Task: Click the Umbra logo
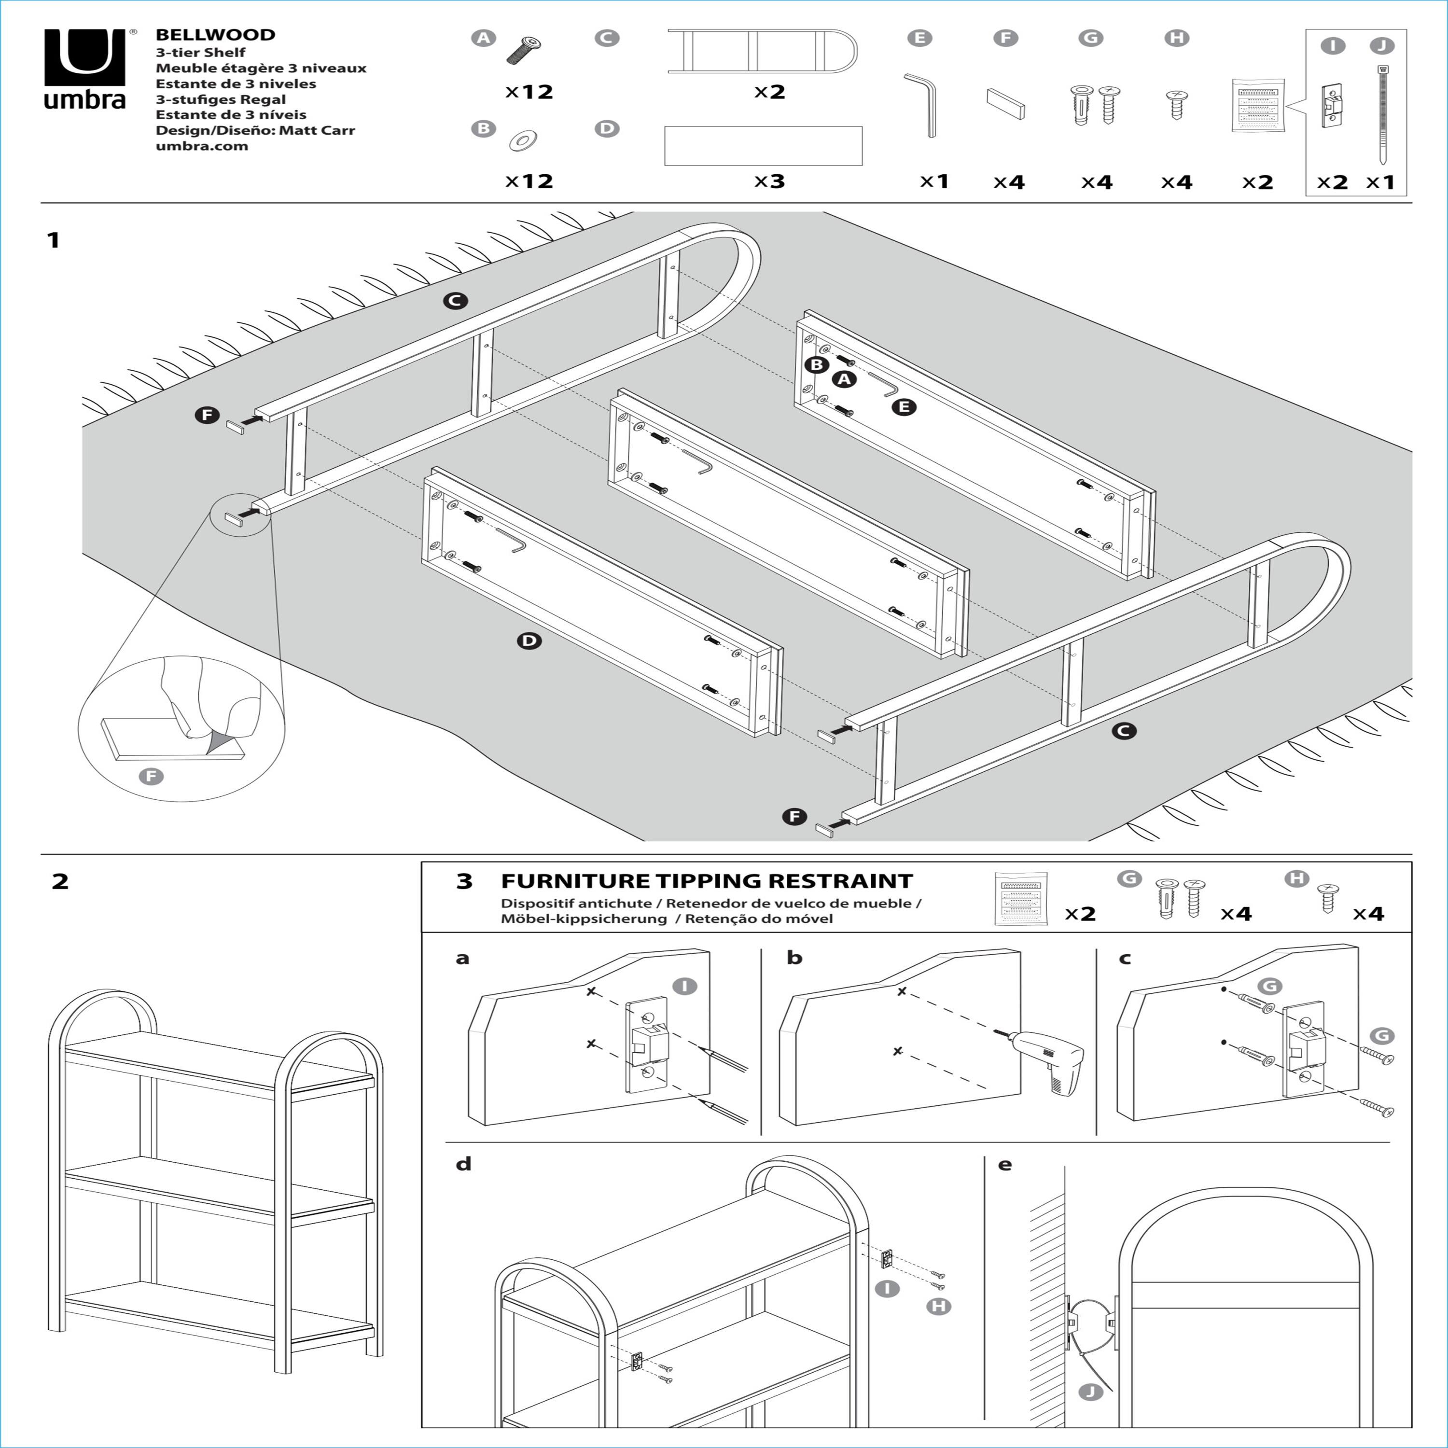(84, 69)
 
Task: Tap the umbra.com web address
(202, 146)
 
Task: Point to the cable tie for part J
(1381, 114)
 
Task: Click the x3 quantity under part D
(769, 181)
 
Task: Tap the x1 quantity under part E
(934, 181)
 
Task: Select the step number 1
(53, 240)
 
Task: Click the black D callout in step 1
(529, 641)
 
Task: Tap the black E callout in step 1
(905, 407)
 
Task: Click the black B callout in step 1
(816, 365)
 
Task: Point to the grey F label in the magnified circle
(152, 776)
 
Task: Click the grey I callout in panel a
(684, 986)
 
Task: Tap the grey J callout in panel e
(1090, 1392)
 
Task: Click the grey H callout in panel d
(938, 1307)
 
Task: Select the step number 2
(60, 881)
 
